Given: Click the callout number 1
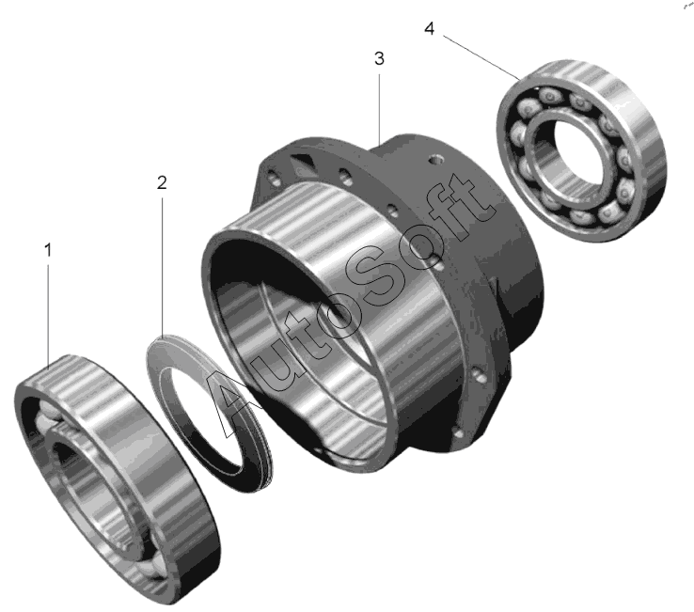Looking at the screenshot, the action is pyautogui.click(x=48, y=250).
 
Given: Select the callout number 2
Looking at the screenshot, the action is pyautogui.click(x=162, y=182).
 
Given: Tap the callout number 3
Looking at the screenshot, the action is pyautogui.click(x=379, y=58).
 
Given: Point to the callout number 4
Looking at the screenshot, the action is pyautogui.click(x=430, y=29).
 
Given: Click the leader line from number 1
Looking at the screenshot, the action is pyautogui.click(x=48, y=317).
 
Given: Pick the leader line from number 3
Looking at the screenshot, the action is pyautogui.click(x=379, y=109).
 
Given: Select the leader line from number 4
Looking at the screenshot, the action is pyautogui.click(x=481, y=57).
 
